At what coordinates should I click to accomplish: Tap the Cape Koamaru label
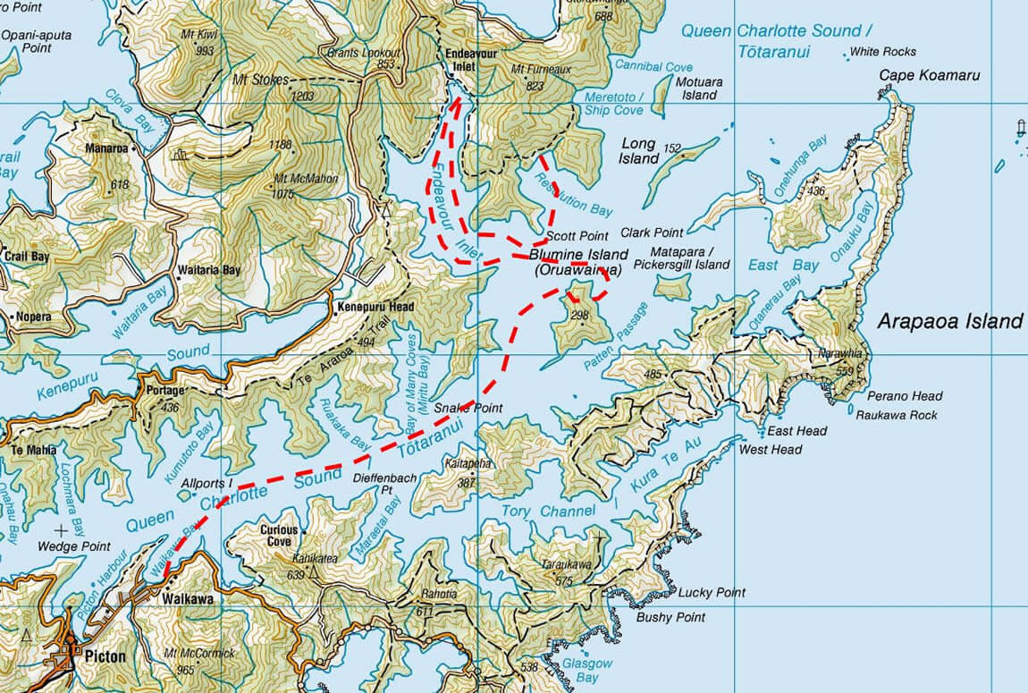pos(930,75)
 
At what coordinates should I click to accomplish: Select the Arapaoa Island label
pos(949,322)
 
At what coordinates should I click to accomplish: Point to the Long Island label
pos(638,151)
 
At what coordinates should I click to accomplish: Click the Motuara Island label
pos(699,89)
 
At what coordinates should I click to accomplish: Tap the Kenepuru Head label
pos(375,307)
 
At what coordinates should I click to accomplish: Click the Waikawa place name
pos(187,599)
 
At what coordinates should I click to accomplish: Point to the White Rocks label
pos(882,52)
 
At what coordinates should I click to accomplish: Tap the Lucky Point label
pos(712,593)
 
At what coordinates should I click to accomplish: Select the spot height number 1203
pos(306,95)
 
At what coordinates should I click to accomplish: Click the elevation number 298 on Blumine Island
pos(579,315)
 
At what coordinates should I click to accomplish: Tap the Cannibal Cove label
pos(653,67)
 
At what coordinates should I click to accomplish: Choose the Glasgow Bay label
pos(587,670)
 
